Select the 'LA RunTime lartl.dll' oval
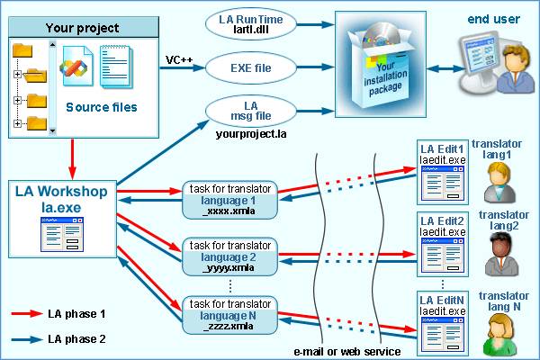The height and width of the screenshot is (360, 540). tap(249, 22)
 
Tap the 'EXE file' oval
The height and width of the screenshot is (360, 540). tap(249, 66)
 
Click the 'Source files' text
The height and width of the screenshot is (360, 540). tap(102, 108)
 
